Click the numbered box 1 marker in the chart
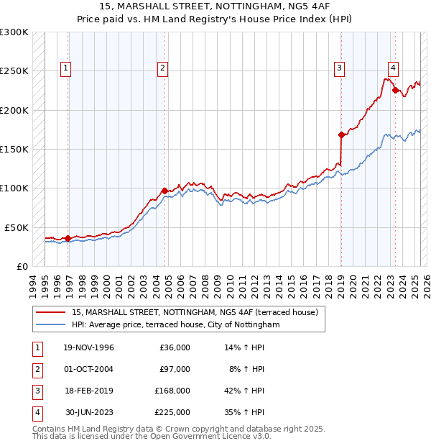click(65, 68)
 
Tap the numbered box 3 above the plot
click(339, 68)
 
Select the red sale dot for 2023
click(394, 91)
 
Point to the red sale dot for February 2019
click(340, 135)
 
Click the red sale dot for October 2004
click(164, 190)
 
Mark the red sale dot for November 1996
click(68, 238)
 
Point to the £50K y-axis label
click(16, 227)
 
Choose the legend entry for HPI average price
click(175, 325)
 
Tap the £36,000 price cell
click(174, 347)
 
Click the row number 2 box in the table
click(36, 369)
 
